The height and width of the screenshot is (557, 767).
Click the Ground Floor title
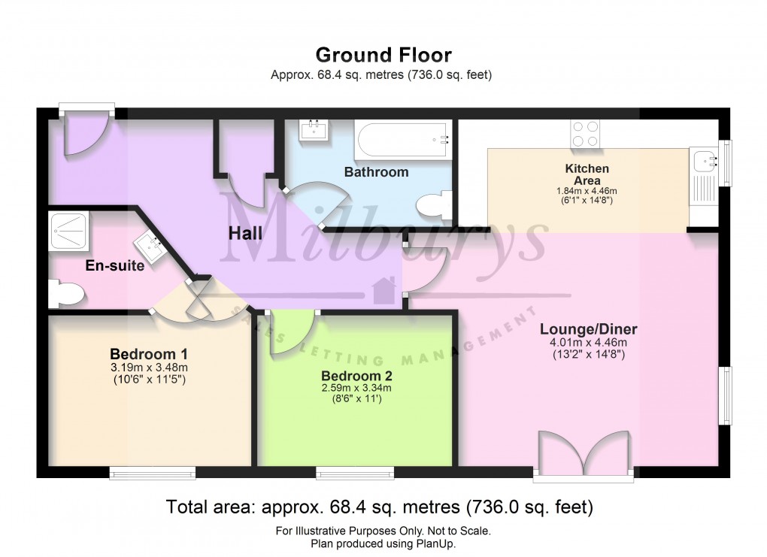click(383, 55)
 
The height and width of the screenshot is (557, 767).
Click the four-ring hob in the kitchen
click(585, 134)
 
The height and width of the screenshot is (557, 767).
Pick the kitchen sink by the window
click(705, 159)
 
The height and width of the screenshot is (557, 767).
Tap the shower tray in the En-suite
click(72, 229)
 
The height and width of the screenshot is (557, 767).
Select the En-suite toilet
click(63, 294)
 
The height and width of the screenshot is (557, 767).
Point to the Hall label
click(246, 235)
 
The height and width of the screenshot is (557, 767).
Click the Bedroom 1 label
click(149, 354)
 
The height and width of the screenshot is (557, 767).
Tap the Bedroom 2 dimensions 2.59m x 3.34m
click(356, 389)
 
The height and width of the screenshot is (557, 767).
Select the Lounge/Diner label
click(589, 329)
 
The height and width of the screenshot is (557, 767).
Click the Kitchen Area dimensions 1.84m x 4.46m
click(587, 192)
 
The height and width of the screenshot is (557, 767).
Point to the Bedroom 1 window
click(153, 472)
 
